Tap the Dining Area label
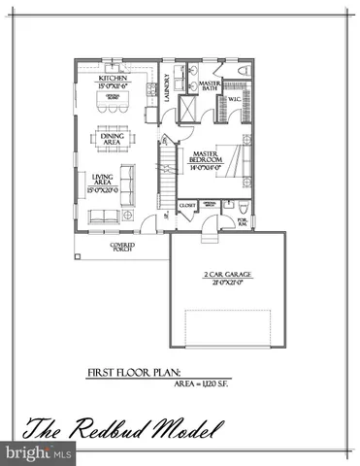(x=114, y=139)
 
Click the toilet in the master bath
(x=242, y=72)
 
